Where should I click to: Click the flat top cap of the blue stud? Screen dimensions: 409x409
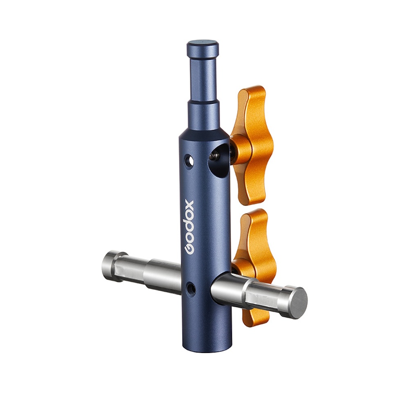tap(202, 43)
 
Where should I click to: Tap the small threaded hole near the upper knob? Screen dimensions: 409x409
tap(189, 160)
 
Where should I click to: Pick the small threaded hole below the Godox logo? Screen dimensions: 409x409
tap(189, 286)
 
